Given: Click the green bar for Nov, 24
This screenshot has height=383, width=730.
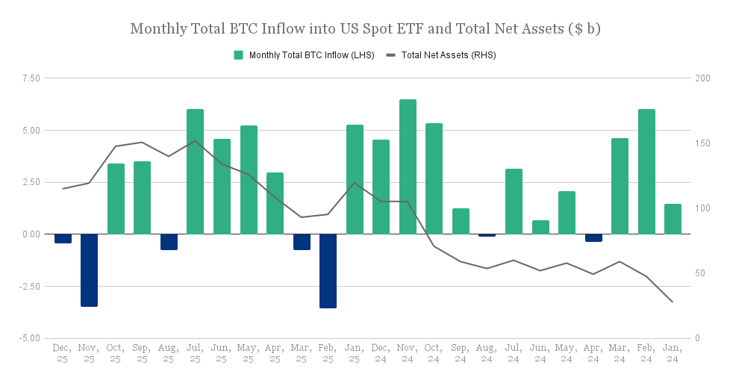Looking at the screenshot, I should point(408,166).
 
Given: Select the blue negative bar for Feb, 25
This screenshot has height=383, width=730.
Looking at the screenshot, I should point(328,270).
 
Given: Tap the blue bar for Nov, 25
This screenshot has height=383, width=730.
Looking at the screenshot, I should point(89,270).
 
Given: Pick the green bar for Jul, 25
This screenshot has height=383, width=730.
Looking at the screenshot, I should point(195,172).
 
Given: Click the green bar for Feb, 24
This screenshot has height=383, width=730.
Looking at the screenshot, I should point(646,172).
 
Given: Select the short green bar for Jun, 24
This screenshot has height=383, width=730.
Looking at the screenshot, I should point(540,227).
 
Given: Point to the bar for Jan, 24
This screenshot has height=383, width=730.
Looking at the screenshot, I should point(673,219).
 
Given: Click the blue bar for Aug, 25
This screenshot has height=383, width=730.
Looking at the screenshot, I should point(169,241).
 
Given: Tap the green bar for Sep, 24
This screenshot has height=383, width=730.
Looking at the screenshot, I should point(461,221).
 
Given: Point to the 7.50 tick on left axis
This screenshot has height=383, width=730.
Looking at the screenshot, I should point(31,78).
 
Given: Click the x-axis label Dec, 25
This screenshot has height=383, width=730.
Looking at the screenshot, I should point(63,353).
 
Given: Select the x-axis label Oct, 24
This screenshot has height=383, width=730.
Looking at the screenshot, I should point(434,353).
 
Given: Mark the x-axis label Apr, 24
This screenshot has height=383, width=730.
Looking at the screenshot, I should point(593,353).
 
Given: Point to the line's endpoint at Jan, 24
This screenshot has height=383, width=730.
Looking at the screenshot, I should point(673,302).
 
